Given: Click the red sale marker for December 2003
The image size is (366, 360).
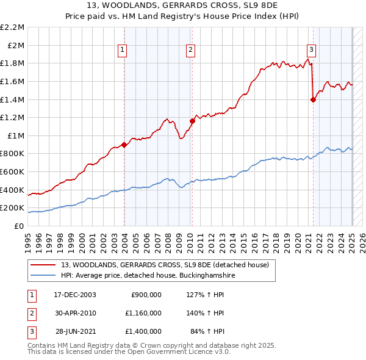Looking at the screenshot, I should coord(124,145).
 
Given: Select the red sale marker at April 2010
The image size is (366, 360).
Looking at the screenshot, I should coord(192,121).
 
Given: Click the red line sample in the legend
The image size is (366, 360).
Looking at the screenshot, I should coord(43,265).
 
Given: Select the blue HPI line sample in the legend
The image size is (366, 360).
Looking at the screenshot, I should coord(43,275).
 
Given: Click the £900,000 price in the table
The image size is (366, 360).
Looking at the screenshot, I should coord(146,295).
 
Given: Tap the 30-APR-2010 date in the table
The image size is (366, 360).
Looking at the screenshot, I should coord(76,313).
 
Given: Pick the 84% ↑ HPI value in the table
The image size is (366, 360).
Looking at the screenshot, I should coord(209,331).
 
